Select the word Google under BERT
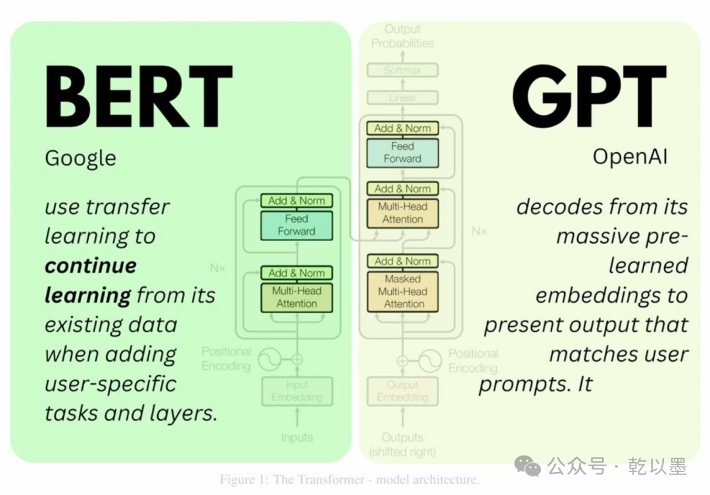pyautogui.click(x=80, y=158)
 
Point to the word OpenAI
pyautogui.click(x=630, y=157)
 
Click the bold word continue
pyautogui.click(x=91, y=266)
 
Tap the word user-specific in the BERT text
pyautogui.click(x=110, y=383)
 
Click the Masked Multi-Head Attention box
pyautogui.click(x=402, y=291)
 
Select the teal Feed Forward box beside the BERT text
pyautogui.click(x=296, y=225)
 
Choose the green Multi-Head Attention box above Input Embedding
pyautogui.click(x=296, y=297)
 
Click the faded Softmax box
pyautogui.click(x=402, y=70)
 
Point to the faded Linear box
pyautogui.click(x=402, y=98)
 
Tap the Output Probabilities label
pyautogui.click(x=402, y=36)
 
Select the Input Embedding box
pyautogui.click(x=296, y=391)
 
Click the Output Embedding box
pyautogui.click(x=402, y=391)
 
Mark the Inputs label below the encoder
pyautogui.click(x=296, y=437)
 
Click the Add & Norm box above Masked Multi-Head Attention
pyautogui.click(x=402, y=261)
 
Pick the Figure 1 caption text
pyautogui.click(x=349, y=480)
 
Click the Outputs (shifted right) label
pyautogui.click(x=402, y=444)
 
